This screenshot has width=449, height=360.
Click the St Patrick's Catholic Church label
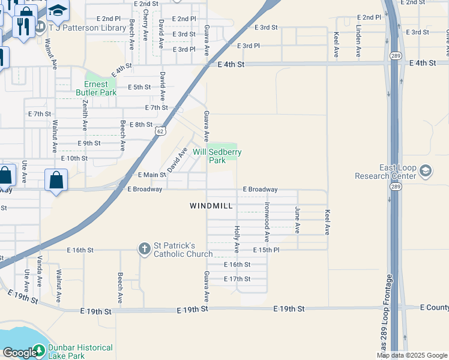click(183, 250)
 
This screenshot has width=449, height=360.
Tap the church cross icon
click(144, 248)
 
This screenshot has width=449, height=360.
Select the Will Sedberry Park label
click(217, 156)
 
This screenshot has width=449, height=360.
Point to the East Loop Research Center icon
click(426, 172)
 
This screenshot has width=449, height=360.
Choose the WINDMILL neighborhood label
click(211, 206)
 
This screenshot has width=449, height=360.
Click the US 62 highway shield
click(159, 130)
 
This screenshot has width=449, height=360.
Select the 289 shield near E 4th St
click(395, 56)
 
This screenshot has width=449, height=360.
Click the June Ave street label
click(297, 220)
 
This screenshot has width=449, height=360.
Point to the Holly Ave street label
click(237, 238)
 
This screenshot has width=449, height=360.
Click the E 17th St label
click(237, 279)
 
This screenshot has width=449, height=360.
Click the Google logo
click(20, 352)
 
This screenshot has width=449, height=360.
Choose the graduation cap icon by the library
click(58, 10)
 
